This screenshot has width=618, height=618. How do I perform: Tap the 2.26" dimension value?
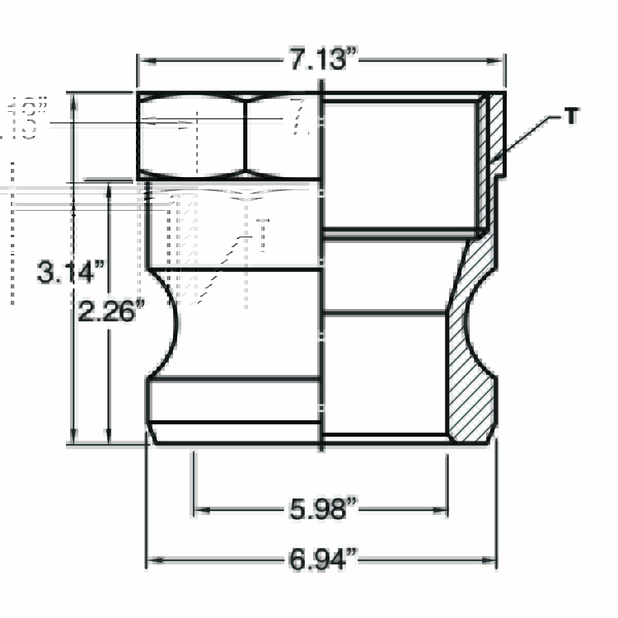[107, 312]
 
